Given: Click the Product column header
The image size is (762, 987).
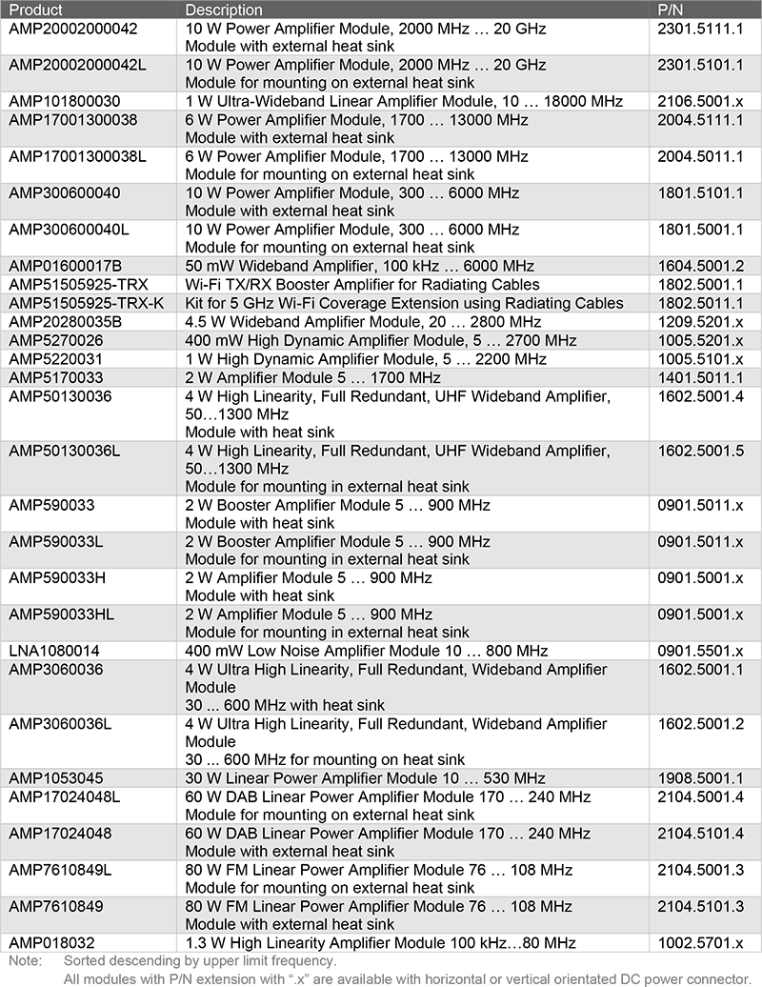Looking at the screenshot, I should pos(35,10).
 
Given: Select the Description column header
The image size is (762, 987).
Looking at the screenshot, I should pos(224,10).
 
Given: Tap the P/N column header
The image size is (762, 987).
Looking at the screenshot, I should pos(672,10).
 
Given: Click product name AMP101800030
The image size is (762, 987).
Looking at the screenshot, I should pos(65,101).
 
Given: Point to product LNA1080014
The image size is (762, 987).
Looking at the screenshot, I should pos(54,651).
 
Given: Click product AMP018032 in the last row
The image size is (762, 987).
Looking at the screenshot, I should pos(52,943).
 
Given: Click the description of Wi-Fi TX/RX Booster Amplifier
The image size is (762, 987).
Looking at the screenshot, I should pos(362,285).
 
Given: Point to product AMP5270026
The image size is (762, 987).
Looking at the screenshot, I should pos(56,340).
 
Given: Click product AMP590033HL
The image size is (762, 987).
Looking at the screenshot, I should pos(61,614).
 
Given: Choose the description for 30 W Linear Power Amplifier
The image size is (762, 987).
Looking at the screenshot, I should pos(365,778).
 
